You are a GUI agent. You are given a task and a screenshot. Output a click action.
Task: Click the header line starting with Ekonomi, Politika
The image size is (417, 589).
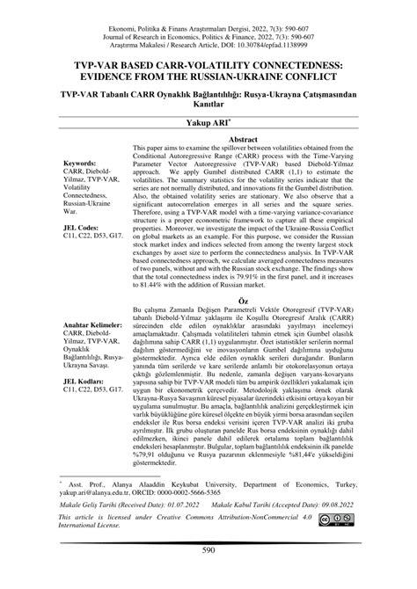click(208, 8)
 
